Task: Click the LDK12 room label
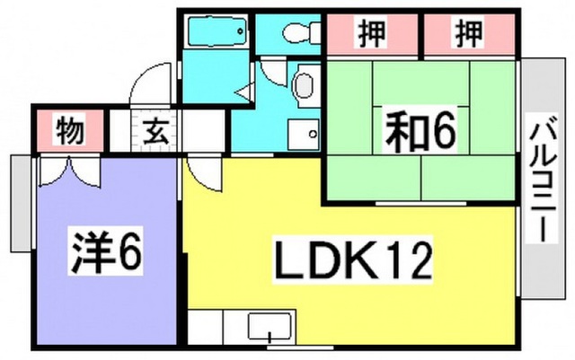[352, 260]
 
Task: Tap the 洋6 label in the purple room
[106, 252]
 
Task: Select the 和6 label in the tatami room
[420, 129]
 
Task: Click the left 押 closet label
[372, 34]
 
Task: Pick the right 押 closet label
[469, 34]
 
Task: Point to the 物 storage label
[70, 129]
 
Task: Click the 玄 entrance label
[155, 131]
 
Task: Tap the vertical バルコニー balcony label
[542, 179]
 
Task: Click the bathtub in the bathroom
[217, 31]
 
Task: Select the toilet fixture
[302, 32]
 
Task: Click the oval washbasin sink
[304, 86]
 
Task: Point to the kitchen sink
[270, 326]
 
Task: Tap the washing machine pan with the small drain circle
[304, 135]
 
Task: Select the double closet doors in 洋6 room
[70, 171]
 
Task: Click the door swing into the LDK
[204, 174]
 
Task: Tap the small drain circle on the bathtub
[241, 31]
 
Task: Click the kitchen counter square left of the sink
[206, 328]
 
